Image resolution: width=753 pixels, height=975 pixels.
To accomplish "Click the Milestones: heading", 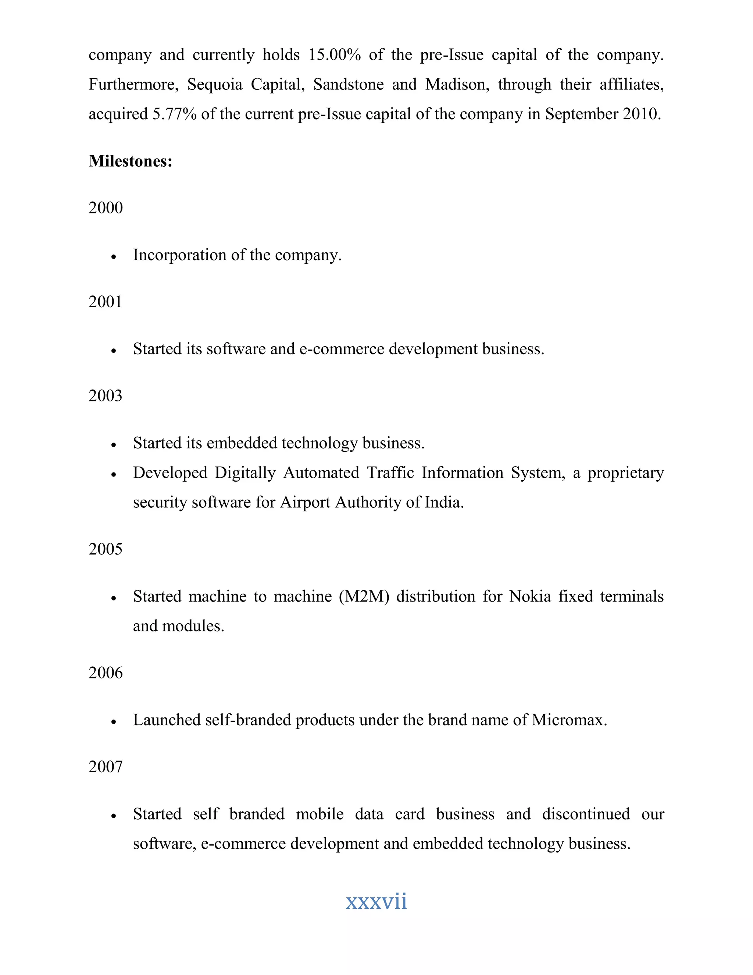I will (130, 161).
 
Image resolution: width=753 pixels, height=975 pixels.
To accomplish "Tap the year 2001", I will (105, 302).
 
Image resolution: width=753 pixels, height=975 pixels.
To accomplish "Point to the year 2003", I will (105, 396).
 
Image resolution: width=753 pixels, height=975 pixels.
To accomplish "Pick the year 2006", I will (105, 673).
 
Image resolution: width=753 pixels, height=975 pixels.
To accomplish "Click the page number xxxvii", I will (376, 901).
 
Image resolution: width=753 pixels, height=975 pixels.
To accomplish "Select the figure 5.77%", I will (174, 114).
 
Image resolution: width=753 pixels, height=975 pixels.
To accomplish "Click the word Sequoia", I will (215, 84).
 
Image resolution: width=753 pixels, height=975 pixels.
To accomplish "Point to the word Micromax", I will (569, 720).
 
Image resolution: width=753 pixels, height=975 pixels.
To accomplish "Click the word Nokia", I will (530, 596).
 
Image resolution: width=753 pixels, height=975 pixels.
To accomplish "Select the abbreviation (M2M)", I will (364, 596).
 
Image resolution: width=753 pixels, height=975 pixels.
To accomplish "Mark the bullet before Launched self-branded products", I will (114, 722).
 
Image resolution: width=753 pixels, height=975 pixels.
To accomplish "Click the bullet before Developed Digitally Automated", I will (114, 475).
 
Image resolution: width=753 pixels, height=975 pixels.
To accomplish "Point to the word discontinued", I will (586, 814).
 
